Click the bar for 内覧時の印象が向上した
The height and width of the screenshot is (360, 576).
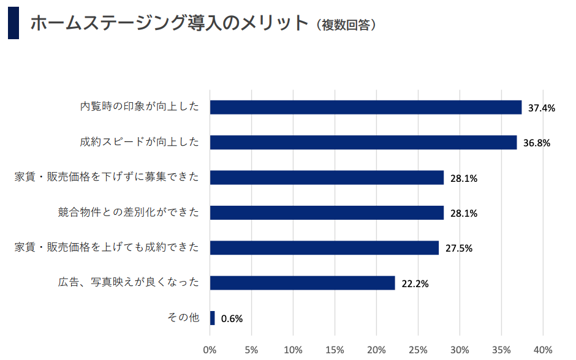pos(365,107)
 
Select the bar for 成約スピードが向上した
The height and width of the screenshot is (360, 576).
pos(363,142)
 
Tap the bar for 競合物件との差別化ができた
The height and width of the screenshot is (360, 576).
pos(327,212)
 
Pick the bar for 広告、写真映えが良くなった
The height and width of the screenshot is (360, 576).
pos(302,283)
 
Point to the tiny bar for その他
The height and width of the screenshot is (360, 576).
pos(213,318)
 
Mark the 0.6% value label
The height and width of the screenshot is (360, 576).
pos(232,319)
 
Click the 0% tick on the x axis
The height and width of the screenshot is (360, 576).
pos(210,350)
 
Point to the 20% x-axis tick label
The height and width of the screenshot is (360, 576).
pos(377,350)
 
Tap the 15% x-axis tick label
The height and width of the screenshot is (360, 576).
pos(335,350)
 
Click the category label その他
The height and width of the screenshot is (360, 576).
pos(183,317)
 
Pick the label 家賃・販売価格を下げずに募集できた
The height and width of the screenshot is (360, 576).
pos(107,177)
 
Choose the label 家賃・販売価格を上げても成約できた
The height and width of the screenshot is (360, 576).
pos(107,247)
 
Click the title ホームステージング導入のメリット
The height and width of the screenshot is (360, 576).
pos(168,23)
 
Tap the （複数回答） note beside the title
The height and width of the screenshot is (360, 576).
pos(347,25)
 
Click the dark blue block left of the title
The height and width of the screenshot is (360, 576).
pos(13,23)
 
